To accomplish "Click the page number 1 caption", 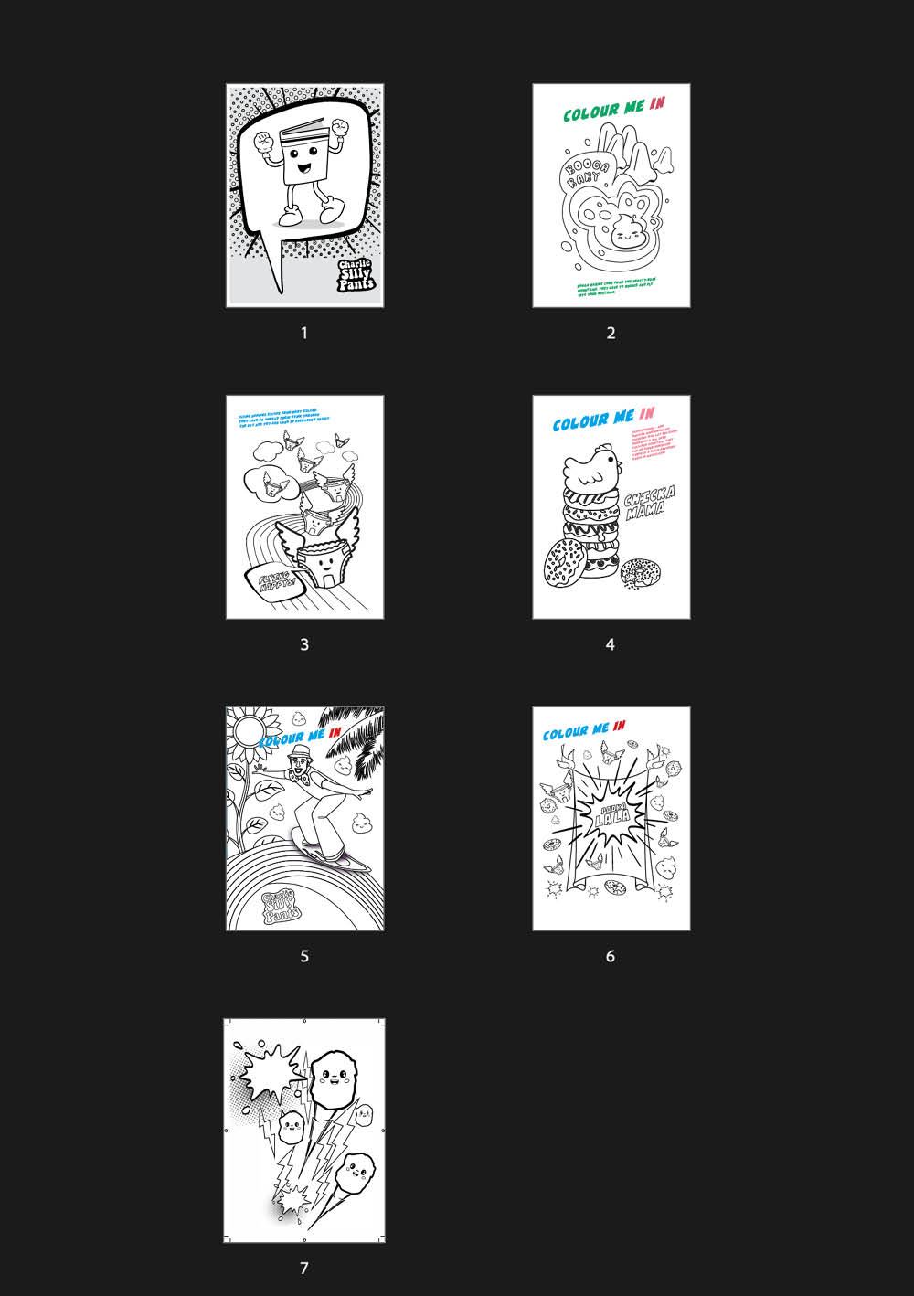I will (x=304, y=333).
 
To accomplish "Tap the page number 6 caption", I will (x=611, y=956).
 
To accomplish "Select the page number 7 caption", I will (x=304, y=1268).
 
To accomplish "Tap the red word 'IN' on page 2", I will (x=657, y=105).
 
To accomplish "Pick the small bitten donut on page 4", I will (x=637, y=573).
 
